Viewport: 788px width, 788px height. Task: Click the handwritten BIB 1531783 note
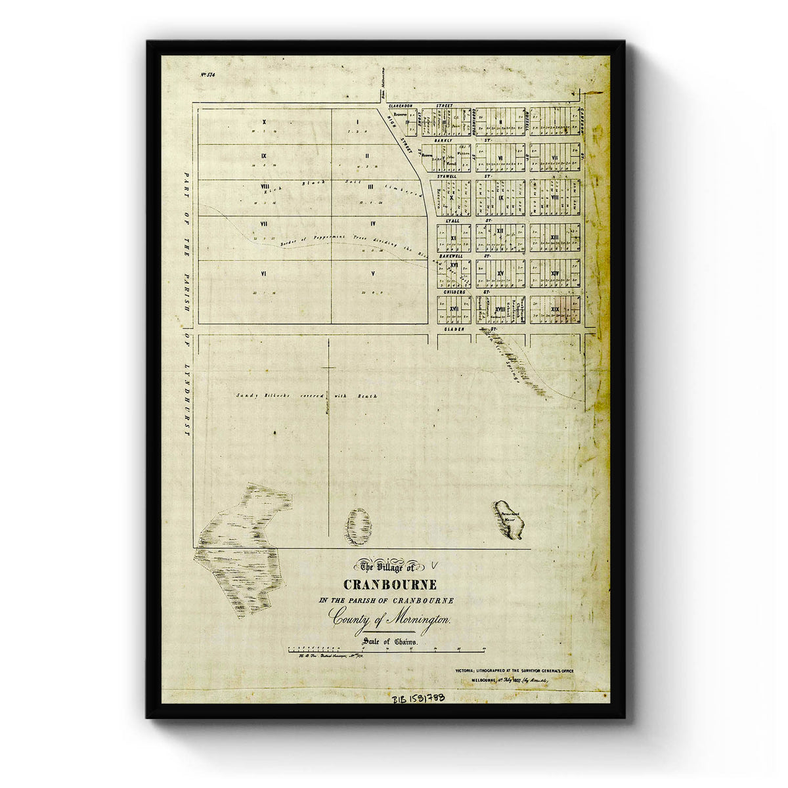click(418, 699)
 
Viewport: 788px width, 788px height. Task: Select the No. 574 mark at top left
click(208, 75)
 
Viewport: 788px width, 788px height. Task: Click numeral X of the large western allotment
click(263, 122)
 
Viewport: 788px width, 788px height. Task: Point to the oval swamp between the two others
click(359, 526)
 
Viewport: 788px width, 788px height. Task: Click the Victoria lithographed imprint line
click(514, 670)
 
